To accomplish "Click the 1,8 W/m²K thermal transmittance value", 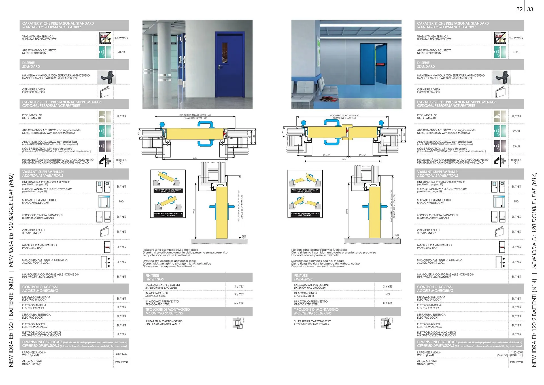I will tap(121, 38).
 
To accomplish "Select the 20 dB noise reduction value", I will tap(121, 52).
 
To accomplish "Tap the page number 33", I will tap(530, 9).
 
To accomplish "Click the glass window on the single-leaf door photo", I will tap(225, 53).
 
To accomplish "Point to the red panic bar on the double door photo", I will tap(381, 64).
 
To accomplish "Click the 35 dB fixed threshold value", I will tap(516, 147).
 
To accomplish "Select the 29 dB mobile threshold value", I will tap(516, 131).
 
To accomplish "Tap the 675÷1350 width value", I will tap(121, 354).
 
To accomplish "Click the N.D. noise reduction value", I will tap(516, 52).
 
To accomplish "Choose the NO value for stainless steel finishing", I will tap(387, 294).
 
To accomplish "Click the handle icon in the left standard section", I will tap(107, 77).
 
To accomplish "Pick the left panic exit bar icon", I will tap(107, 247).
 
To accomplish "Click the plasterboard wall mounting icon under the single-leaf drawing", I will tap(238, 323).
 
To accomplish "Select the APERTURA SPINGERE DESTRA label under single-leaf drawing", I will tap(168, 191).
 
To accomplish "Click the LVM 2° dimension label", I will tap(362, 155).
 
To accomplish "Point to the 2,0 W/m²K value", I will tap(516, 38).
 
